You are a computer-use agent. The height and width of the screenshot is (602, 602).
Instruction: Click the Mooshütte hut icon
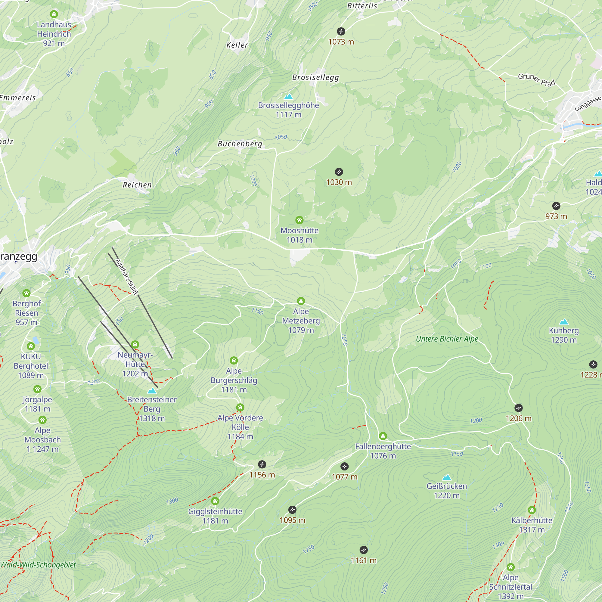pos(299,220)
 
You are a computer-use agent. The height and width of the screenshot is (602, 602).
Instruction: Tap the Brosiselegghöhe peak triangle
pos(289,96)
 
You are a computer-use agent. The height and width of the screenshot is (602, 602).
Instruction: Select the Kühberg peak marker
pos(564,321)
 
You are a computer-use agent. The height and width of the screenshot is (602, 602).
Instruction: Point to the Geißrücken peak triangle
pos(446,477)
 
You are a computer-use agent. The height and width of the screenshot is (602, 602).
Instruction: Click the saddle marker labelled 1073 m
pos(341,32)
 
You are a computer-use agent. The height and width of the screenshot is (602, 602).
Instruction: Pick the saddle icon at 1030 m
pos(339,172)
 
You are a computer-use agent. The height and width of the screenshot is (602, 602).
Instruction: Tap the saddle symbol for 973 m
pos(556,206)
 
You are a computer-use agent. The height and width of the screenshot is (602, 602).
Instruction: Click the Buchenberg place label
pos(240,144)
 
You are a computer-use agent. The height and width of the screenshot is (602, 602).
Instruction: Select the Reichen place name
pos(137,185)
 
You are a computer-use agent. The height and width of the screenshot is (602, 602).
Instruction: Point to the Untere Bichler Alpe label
pos(447,339)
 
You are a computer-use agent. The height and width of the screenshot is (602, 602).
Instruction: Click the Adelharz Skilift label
pos(126,277)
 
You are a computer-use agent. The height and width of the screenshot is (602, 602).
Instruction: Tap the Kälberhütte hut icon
pos(532,510)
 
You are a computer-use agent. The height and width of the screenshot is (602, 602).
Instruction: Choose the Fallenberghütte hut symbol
pos(383,436)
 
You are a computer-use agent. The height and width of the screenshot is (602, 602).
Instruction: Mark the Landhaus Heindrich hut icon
pos(54,14)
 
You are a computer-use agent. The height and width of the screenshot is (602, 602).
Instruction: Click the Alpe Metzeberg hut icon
pos(301,301)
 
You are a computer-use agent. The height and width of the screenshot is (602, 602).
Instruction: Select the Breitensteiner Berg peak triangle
pos(152,391)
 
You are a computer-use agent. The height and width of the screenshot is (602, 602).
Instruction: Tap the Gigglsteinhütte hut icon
pos(215,501)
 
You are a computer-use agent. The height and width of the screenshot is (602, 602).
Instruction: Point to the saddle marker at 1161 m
pos(363,550)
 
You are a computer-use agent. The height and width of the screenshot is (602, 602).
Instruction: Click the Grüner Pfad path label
pos(536,79)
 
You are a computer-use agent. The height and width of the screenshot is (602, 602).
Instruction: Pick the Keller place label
pos(237,45)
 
